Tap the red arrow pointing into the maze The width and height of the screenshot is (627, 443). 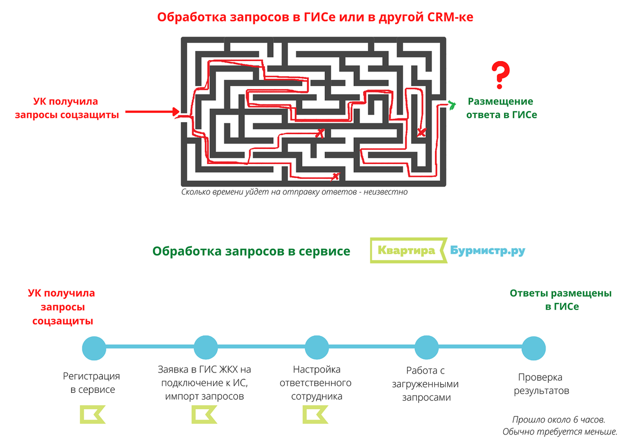point(152,111)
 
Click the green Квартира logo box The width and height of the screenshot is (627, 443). point(408,251)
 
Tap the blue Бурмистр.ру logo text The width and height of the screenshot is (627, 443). point(487,251)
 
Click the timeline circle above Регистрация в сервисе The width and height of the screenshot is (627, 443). point(95,347)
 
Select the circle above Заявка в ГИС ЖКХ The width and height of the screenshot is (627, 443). point(205,347)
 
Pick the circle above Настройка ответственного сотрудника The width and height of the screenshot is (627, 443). point(316,347)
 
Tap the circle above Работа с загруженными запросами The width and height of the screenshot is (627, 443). point(426,347)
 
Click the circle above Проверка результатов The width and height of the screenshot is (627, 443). point(533,347)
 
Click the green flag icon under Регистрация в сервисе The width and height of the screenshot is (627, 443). point(92,415)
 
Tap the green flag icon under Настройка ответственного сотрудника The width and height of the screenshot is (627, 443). point(316,415)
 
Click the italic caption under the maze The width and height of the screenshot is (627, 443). point(294,192)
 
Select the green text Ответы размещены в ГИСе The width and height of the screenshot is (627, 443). point(561,300)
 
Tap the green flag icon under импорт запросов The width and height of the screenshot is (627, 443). point(204,415)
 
